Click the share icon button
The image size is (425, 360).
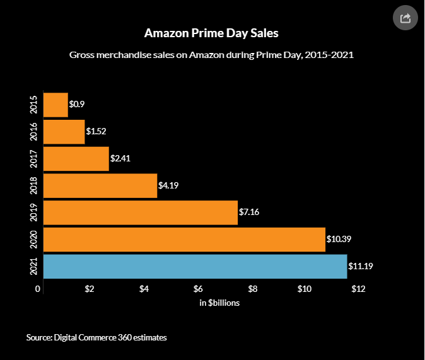[x=405, y=18]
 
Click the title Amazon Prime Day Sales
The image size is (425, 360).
[x=211, y=32]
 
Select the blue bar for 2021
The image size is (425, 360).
[x=195, y=266]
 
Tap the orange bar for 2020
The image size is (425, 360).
[x=184, y=240]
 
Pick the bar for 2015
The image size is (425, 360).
[x=55, y=105]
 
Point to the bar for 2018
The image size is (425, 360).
[x=100, y=186]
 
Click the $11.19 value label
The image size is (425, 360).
[x=361, y=266]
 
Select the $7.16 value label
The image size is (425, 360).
[x=249, y=212]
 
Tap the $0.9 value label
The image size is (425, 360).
[x=77, y=105]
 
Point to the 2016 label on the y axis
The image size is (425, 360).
[x=34, y=132]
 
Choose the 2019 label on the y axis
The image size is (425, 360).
[x=34, y=212]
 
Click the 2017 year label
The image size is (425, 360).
[x=34, y=159]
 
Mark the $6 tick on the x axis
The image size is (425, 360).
[x=198, y=289]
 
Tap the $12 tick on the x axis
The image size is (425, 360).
[x=358, y=289]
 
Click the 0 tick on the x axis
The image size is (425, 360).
[x=38, y=289]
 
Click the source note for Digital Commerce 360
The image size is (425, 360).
[x=96, y=338]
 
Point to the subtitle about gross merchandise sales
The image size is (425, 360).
[x=211, y=55]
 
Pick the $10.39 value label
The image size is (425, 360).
[x=339, y=240]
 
